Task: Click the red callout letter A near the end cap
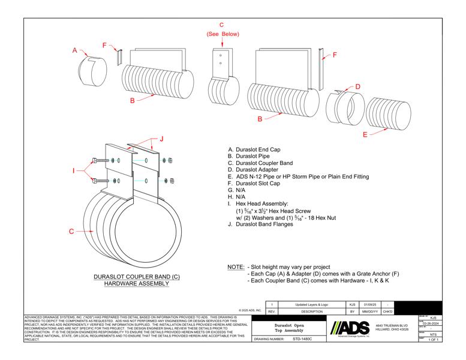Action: (75, 52)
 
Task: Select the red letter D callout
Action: (358, 87)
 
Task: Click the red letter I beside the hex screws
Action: (74, 170)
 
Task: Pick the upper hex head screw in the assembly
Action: (100, 160)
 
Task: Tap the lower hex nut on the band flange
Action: (171, 181)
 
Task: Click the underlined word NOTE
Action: (234, 266)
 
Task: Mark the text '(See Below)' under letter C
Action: (222, 34)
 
